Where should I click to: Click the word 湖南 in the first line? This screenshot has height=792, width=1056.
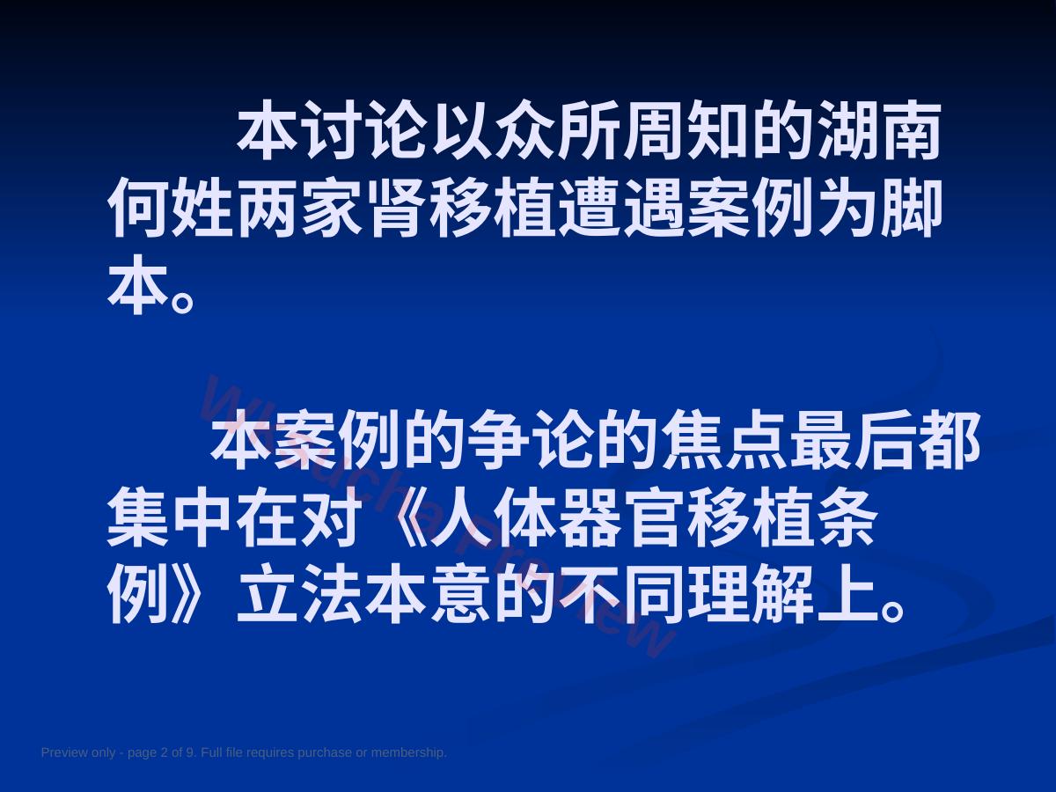[880, 130]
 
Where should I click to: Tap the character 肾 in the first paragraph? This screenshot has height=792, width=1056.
[397, 208]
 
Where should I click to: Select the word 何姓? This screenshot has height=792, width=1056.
[170, 208]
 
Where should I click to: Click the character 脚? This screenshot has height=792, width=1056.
[910, 208]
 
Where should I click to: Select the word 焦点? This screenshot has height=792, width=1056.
[723, 440]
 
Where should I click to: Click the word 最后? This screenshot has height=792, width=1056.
[853, 440]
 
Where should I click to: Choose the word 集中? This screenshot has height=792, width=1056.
[170, 517]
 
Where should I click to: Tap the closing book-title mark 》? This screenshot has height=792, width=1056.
[187, 595]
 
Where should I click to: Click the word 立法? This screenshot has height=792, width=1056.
[298, 595]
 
